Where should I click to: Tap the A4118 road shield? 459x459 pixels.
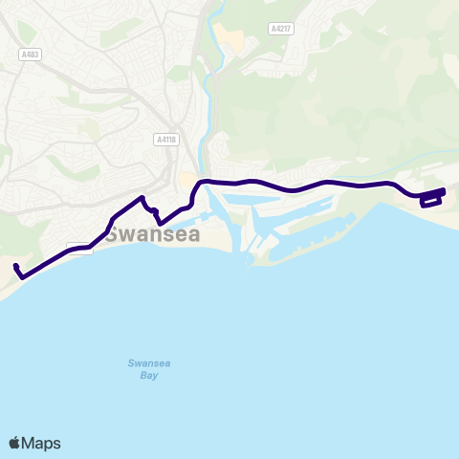(165, 140)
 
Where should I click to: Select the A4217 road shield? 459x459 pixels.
(280, 30)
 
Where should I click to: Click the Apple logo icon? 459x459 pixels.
(14, 443)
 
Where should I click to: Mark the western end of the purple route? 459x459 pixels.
(16, 265)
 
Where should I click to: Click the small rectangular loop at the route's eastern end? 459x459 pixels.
(431, 200)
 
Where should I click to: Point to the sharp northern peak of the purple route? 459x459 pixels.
(142, 198)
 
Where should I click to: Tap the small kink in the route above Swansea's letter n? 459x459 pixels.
(154, 211)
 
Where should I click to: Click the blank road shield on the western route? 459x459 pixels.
(80, 249)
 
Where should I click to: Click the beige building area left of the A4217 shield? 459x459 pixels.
(229, 38)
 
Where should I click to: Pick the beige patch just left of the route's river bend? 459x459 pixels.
(185, 180)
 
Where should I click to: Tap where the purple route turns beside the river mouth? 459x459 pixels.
(195, 187)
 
